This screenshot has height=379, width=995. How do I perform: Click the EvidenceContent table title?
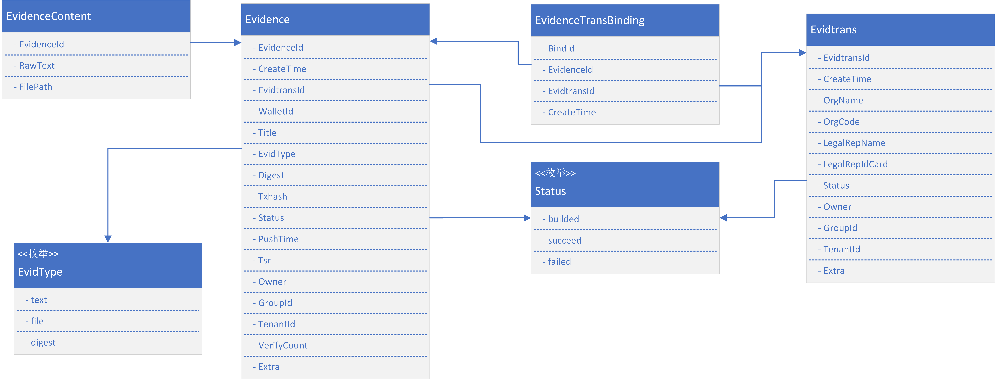(x=49, y=16)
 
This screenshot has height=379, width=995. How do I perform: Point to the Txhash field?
(x=270, y=196)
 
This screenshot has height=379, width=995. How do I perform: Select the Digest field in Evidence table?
(x=269, y=175)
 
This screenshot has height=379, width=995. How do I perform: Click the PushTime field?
(x=276, y=239)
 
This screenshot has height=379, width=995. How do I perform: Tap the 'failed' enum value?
(x=557, y=262)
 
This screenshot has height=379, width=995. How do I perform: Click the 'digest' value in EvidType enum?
(x=40, y=343)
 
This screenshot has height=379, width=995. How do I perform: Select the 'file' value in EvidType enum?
(x=34, y=321)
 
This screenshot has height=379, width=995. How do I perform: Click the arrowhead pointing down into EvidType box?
(x=108, y=239)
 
